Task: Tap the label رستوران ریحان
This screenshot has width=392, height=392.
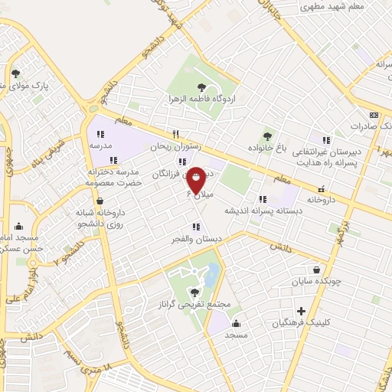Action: [x=152, y=145]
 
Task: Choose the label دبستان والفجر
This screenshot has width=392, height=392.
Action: [x=197, y=239]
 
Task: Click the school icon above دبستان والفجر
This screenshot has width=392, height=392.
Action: [x=197, y=227]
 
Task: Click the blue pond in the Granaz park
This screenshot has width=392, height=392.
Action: [x=211, y=274]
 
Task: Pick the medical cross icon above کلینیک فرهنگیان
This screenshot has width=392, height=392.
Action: [x=302, y=312]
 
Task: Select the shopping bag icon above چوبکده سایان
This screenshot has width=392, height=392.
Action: [x=317, y=269]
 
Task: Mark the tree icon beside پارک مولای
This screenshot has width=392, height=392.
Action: [x=15, y=73]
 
